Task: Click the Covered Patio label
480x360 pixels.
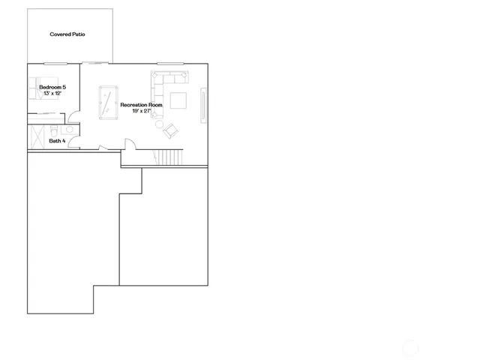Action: tap(67, 34)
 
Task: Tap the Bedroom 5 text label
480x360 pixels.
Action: tap(52, 88)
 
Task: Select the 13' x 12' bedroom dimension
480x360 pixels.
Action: tap(52, 94)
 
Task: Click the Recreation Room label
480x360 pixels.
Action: tap(141, 105)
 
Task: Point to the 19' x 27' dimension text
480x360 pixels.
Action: tap(141, 111)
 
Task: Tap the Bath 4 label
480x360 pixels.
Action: tap(58, 140)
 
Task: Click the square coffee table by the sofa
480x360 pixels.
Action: tap(178, 100)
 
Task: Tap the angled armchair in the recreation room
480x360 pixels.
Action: tap(172, 130)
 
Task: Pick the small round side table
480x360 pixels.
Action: tap(160, 124)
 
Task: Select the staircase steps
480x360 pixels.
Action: tap(169, 157)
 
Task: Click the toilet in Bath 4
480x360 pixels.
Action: tap(56, 129)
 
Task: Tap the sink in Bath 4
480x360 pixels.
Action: tap(67, 130)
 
